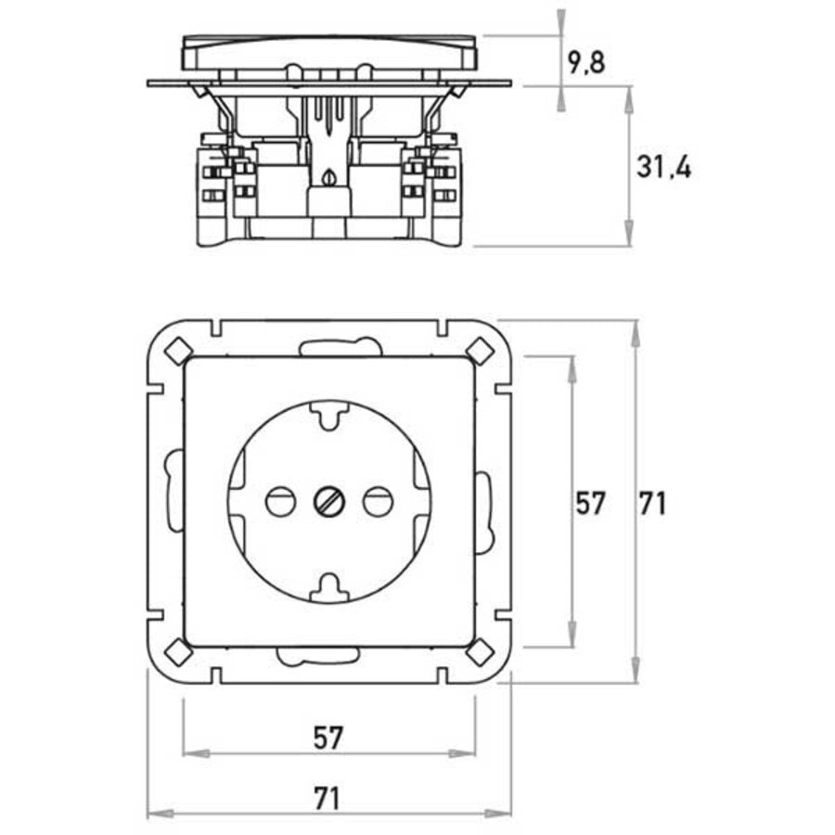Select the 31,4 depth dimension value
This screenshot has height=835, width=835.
click(x=663, y=168)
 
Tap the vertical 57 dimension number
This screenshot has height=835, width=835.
click(x=590, y=503)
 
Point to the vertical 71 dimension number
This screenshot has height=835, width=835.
click(x=652, y=503)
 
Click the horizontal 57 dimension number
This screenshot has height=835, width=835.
click(x=328, y=739)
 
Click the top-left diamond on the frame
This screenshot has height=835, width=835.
click(x=177, y=351)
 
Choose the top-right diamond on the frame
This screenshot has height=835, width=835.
click(x=480, y=351)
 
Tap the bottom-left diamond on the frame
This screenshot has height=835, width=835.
click(x=177, y=652)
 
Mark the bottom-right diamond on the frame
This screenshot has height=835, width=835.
click(x=480, y=652)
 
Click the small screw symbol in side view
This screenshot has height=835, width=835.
click(x=328, y=175)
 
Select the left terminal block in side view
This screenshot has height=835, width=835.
click(x=214, y=186)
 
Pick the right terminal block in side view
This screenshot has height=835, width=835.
click(x=444, y=186)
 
